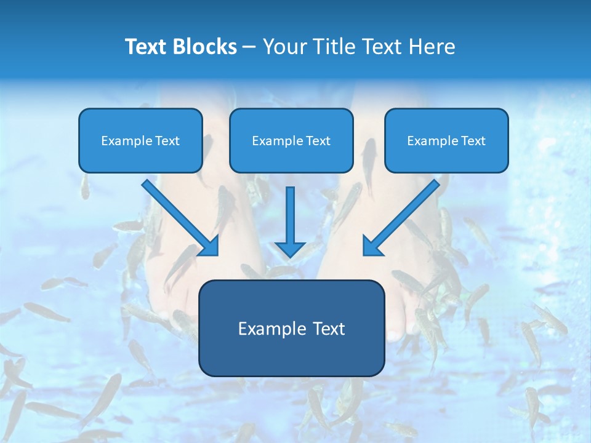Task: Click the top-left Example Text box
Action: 140,141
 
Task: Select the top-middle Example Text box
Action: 291,141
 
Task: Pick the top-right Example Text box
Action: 446,141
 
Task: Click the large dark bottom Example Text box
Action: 291,328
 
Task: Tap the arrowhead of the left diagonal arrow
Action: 209,246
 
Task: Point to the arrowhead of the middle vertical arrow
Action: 290,249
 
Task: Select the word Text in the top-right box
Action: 473,141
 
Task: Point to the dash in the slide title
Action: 249,47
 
